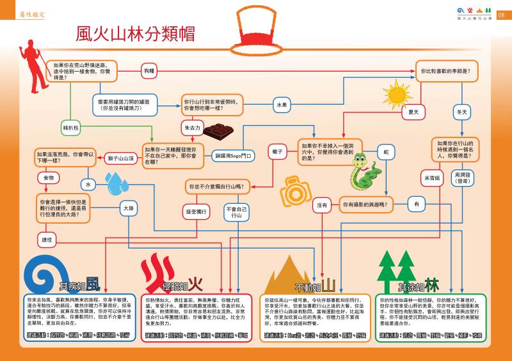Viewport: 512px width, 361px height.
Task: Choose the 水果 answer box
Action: click(282, 104)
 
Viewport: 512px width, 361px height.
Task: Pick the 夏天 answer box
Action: click(413, 112)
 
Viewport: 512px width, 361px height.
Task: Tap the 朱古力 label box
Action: click(192, 128)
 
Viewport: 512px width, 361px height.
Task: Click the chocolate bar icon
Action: click(221, 131)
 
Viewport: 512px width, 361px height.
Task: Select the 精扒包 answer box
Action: click(71, 128)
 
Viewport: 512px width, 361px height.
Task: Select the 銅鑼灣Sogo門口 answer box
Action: click(234, 155)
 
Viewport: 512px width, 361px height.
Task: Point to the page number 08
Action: click(501, 14)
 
